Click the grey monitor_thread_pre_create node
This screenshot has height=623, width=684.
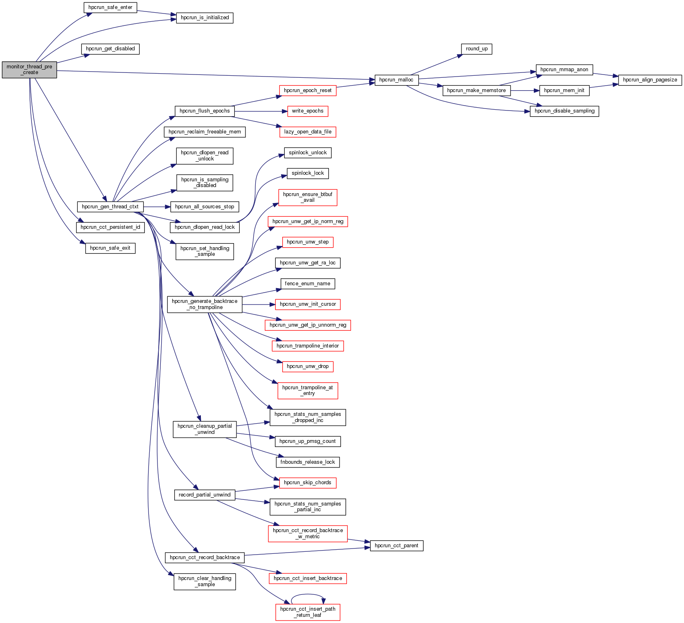point(29,70)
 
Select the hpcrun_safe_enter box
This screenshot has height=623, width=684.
point(110,7)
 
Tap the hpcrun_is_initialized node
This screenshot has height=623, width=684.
point(205,18)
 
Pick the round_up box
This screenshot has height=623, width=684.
point(477,49)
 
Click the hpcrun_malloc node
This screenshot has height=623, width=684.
point(396,80)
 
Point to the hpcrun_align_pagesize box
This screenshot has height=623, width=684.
point(650,80)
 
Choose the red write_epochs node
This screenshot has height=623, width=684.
point(308,111)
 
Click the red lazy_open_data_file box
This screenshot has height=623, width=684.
point(308,132)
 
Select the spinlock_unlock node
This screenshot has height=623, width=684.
point(308,153)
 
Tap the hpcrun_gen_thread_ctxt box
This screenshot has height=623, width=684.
point(110,207)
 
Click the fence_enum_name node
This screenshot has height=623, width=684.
point(308,284)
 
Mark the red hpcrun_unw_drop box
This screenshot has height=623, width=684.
point(308,366)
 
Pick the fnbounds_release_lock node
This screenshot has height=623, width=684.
point(308,462)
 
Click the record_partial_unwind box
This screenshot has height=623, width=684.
point(205,495)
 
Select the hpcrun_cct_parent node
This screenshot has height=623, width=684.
point(396,546)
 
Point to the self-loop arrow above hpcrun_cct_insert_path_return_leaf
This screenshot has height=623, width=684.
point(308,595)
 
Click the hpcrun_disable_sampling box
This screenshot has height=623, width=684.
point(564,111)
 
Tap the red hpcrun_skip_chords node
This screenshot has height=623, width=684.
point(308,483)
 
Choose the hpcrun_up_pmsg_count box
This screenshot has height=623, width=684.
point(308,441)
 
